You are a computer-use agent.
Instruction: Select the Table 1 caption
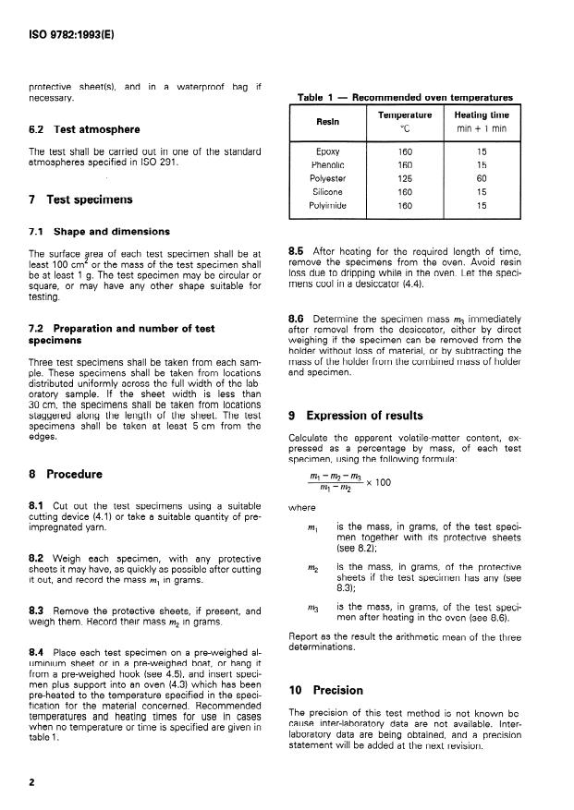coord(405,97)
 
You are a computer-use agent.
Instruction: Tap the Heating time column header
coord(482,114)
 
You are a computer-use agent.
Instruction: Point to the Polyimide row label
coord(327,207)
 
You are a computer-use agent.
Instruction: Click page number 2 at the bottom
coord(32,781)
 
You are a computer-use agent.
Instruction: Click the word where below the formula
coord(301,506)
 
